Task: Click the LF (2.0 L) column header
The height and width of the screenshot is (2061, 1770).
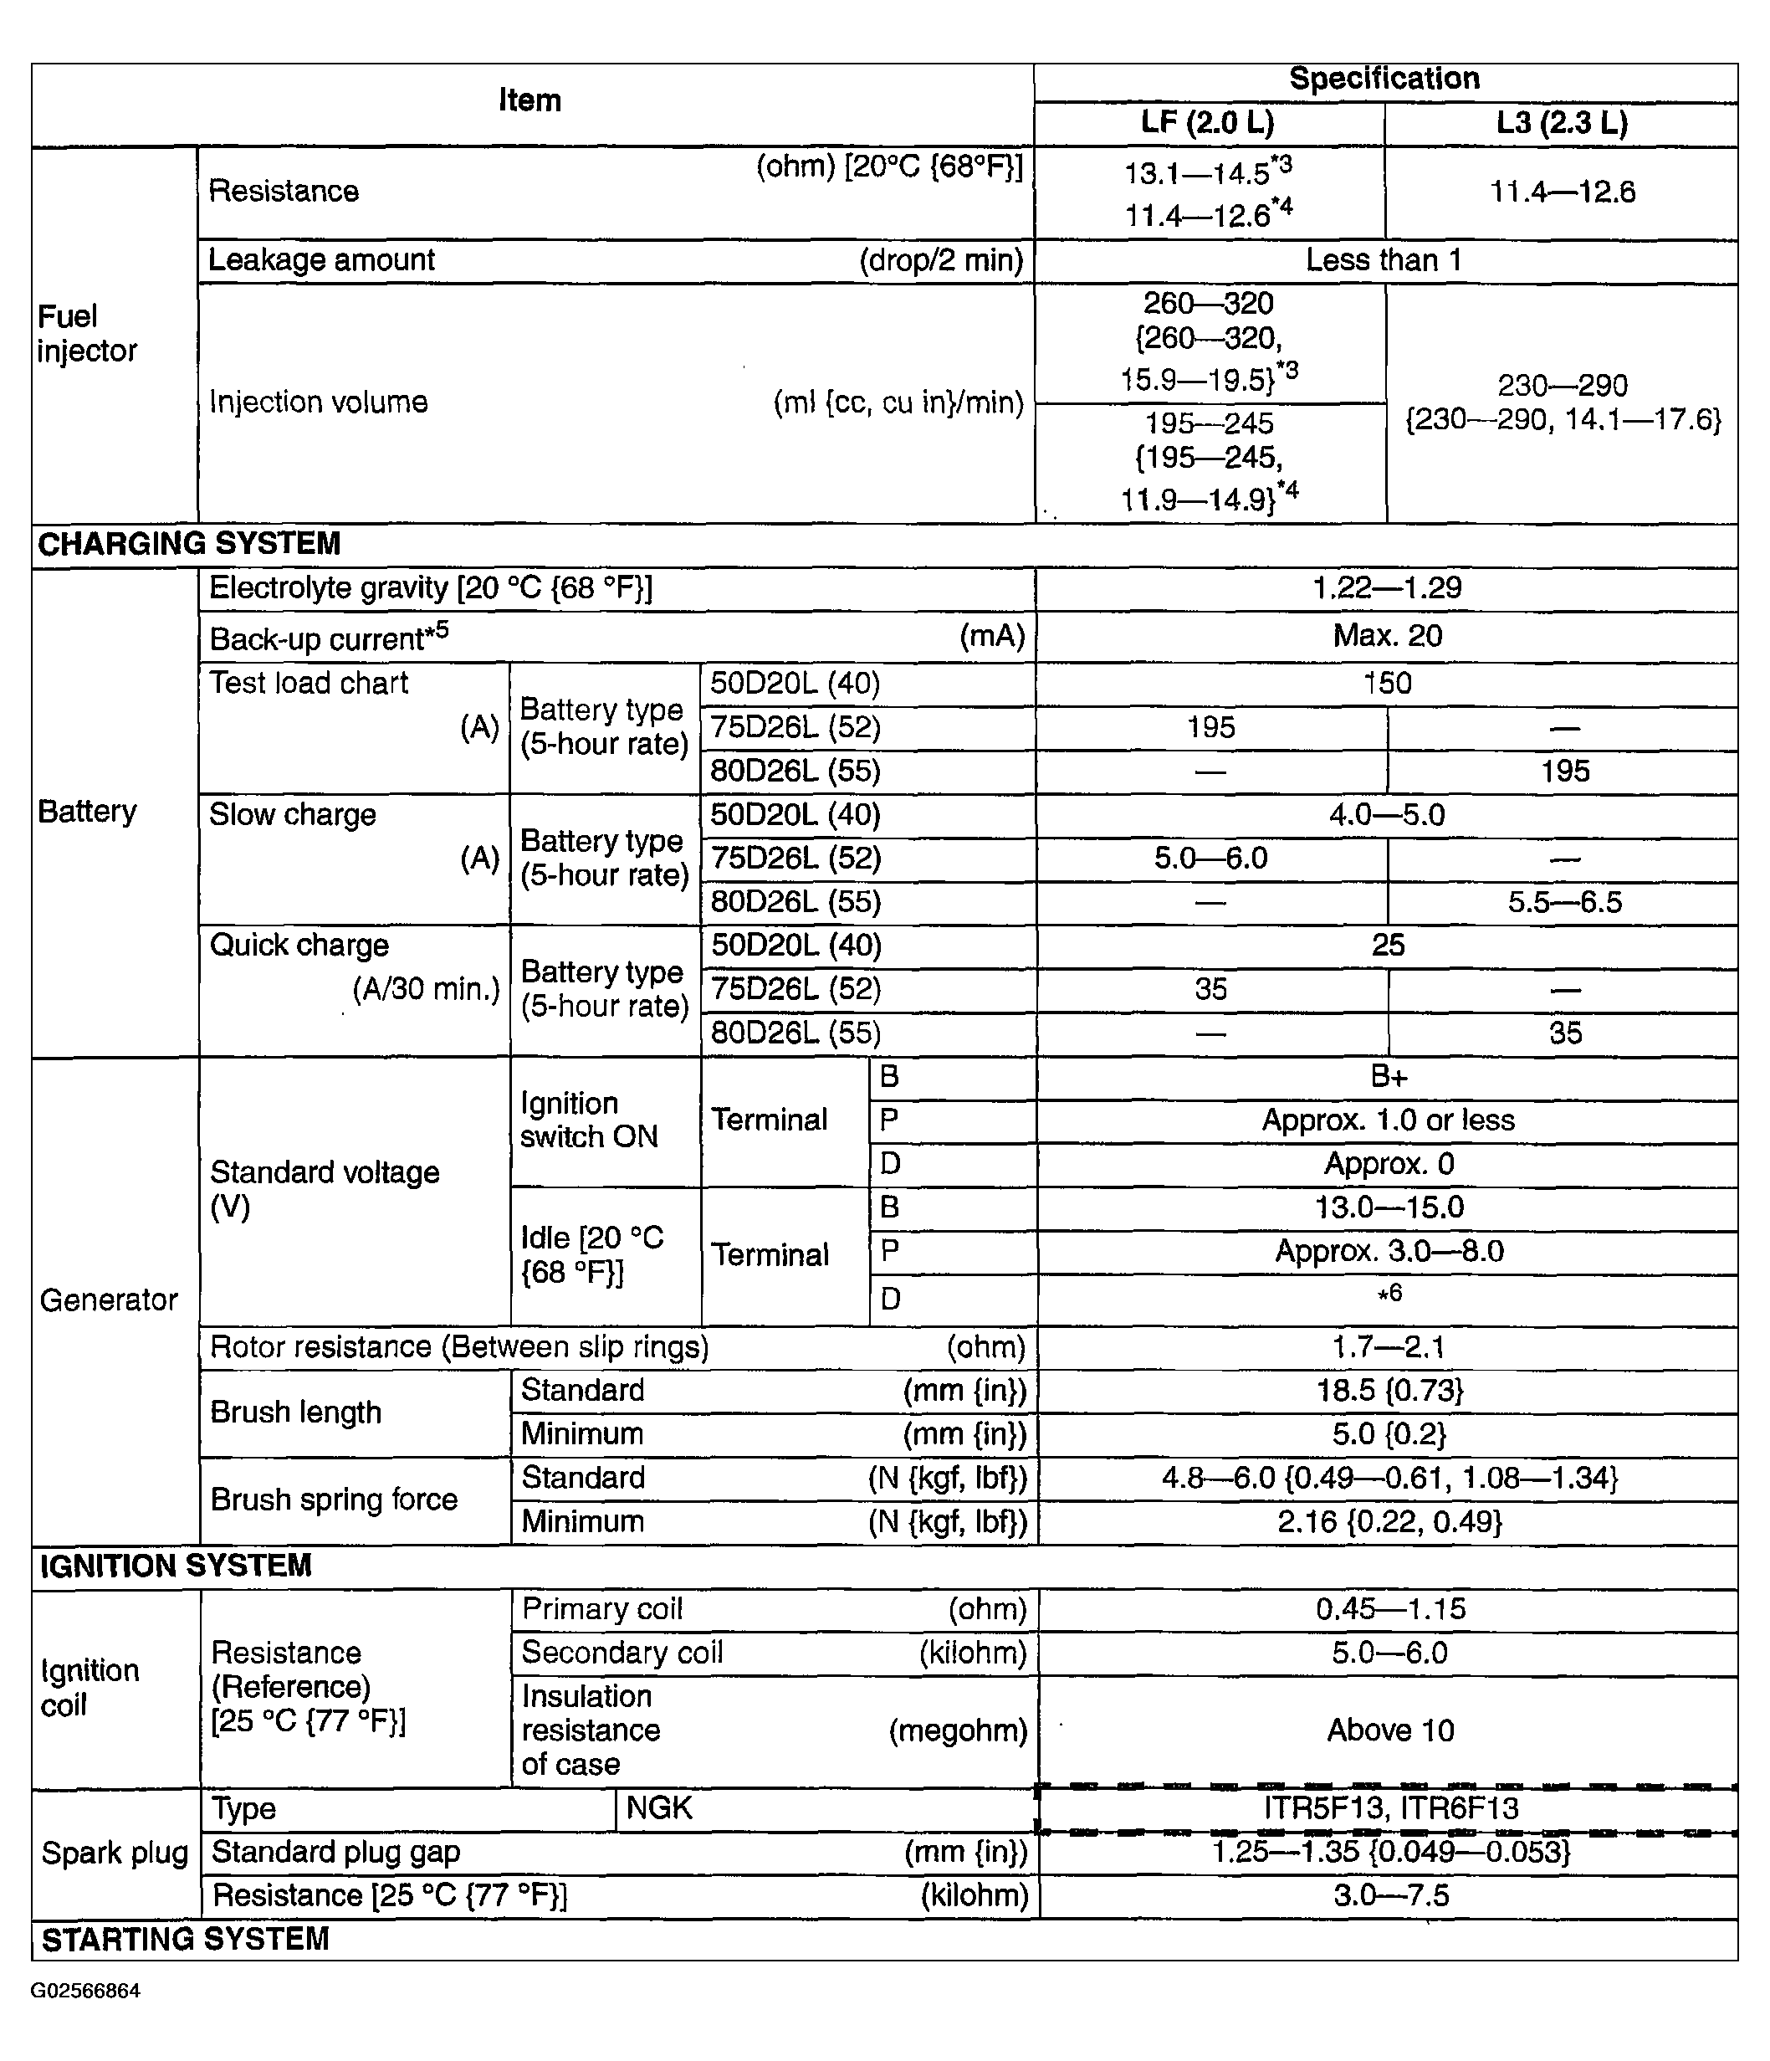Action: [x=1207, y=123]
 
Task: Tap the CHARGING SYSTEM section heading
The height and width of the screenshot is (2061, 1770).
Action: [x=189, y=544]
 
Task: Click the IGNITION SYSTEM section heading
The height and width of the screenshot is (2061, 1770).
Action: [x=176, y=1566]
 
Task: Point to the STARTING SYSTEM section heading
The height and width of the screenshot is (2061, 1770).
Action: [x=185, y=1939]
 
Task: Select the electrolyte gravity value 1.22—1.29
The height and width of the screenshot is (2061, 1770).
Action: [x=1386, y=588]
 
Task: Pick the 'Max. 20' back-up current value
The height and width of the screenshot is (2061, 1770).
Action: [x=1386, y=636]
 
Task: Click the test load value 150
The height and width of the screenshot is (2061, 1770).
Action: [x=1386, y=684]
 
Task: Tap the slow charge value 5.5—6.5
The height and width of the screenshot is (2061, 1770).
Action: [x=1564, y=902]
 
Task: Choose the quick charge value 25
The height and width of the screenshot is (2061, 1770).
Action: [x=1387, y=945]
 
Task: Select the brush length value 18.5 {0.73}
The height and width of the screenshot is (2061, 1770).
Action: [x=1389, y=1391]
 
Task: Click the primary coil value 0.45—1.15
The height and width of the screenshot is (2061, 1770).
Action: [x=1390, y=1609]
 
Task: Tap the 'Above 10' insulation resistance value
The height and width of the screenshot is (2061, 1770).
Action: [x=1390, y=1730]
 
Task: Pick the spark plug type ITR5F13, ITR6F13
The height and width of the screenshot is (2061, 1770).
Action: [x=1390, y=1808]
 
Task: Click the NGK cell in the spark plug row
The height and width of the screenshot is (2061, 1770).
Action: [x=659, y=1807]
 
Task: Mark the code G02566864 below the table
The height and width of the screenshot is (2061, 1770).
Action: [x=85, y=1991]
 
